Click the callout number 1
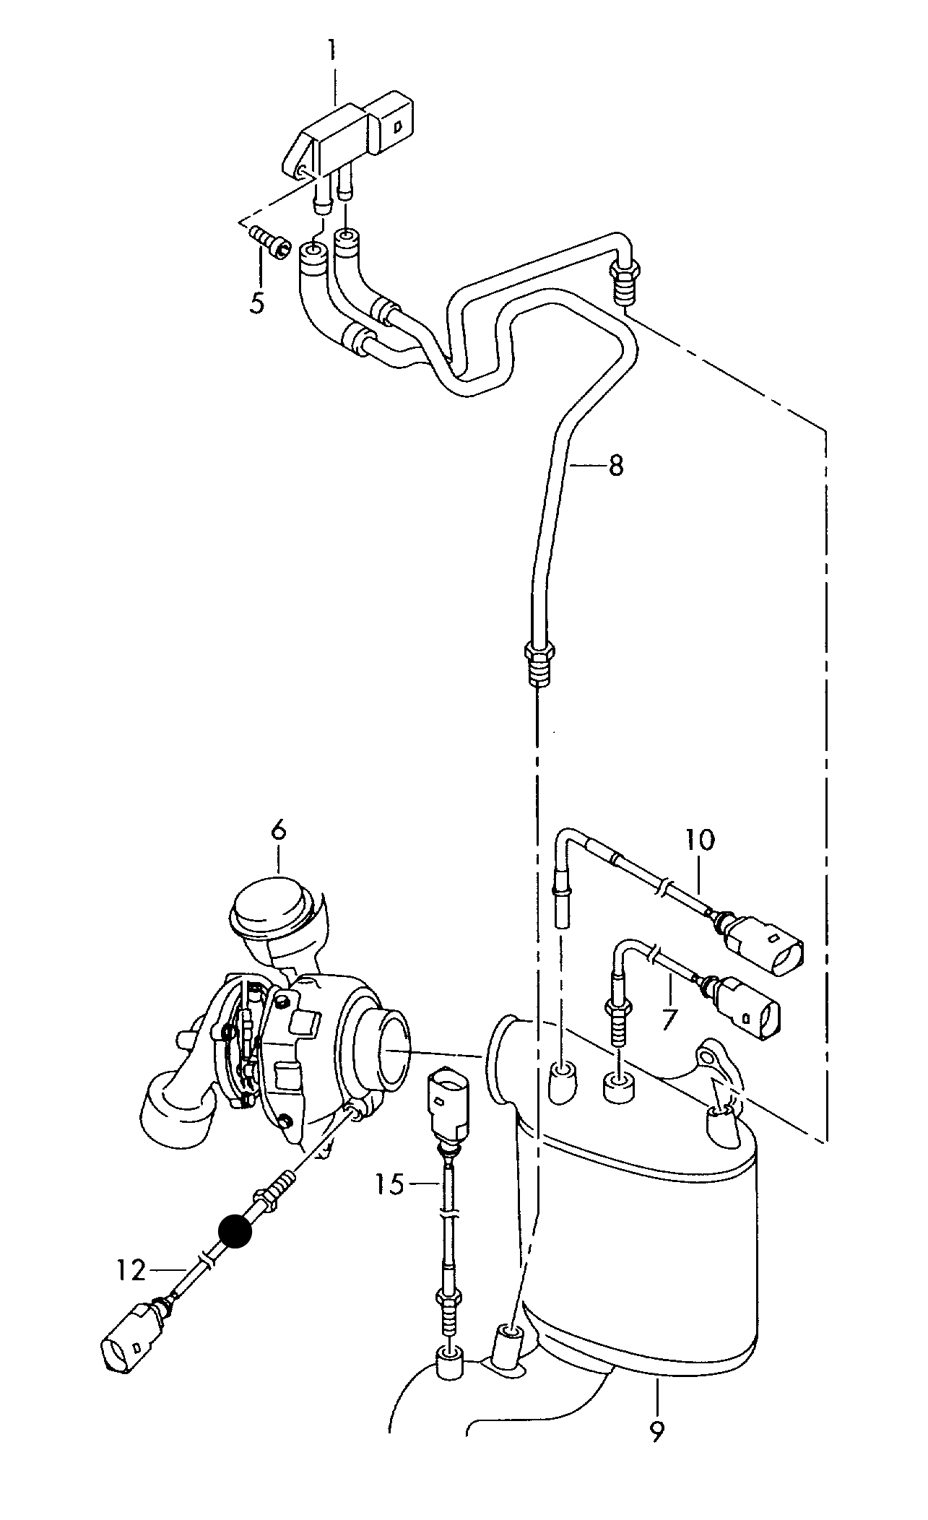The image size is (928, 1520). coord(331,51)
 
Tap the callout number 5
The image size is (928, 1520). coord(257,302)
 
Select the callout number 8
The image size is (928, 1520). coord(615,466)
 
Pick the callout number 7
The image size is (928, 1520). coord(669,1019)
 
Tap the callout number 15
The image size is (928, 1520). coord(390,1184)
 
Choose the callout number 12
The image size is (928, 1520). coord(132,1269)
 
